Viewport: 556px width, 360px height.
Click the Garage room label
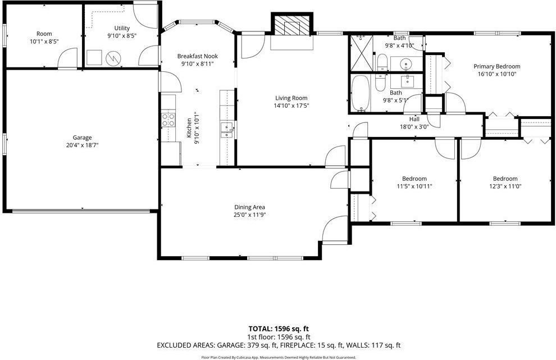click(x=82, y=138)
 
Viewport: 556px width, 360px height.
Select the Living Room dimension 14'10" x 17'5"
click(x=291, y=106)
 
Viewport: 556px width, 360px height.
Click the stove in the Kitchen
click(x=167, y=119)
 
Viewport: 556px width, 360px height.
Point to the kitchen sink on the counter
click(x=227, y=130)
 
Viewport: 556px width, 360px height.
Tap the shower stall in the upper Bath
click(x=361, y=52)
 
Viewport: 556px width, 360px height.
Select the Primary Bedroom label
click(x=496, y=66)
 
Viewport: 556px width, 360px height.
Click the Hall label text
click(x=414, y=119)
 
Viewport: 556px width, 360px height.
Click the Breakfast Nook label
click(x=197, y=56)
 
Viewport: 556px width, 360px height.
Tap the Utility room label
click(x=122, y=28)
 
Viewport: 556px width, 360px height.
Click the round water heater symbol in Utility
click(x=114, y=57)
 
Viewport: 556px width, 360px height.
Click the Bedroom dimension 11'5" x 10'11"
click(x=414, y=186)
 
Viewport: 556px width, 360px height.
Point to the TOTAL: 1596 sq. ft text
click(x=279, y=329)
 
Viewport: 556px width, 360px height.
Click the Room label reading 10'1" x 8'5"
click(x=44, y=41)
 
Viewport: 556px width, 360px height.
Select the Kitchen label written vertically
click(x=189, y=128)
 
